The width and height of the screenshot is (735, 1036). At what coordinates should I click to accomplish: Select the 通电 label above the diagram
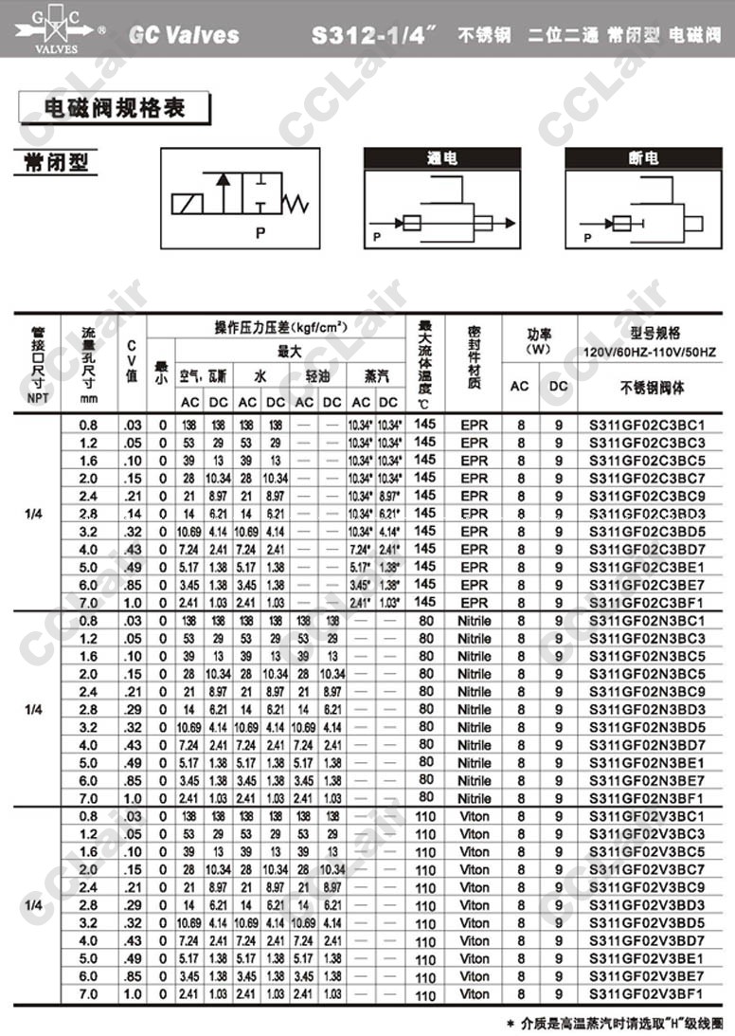441,158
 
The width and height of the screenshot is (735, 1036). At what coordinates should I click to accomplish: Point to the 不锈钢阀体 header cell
652,387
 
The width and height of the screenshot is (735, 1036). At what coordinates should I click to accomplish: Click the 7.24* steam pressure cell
361,549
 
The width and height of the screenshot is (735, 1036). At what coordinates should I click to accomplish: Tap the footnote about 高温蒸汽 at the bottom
615,1024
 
